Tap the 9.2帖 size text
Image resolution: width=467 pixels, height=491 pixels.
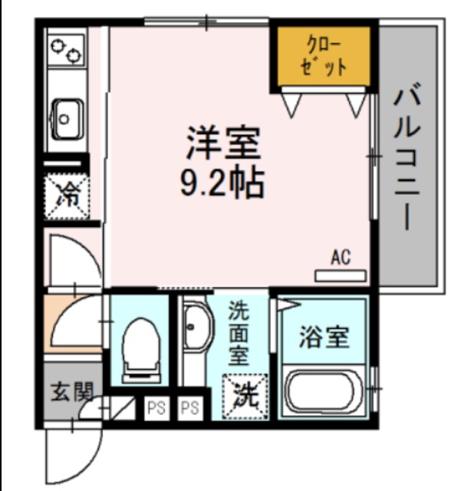223,182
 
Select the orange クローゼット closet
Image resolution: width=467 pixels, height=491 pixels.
323,57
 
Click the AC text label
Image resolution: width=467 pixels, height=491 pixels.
340,257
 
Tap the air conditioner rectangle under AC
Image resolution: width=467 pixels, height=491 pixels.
340,274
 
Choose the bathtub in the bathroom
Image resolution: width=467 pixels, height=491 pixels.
324,390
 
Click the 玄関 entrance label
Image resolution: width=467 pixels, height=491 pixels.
72,393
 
